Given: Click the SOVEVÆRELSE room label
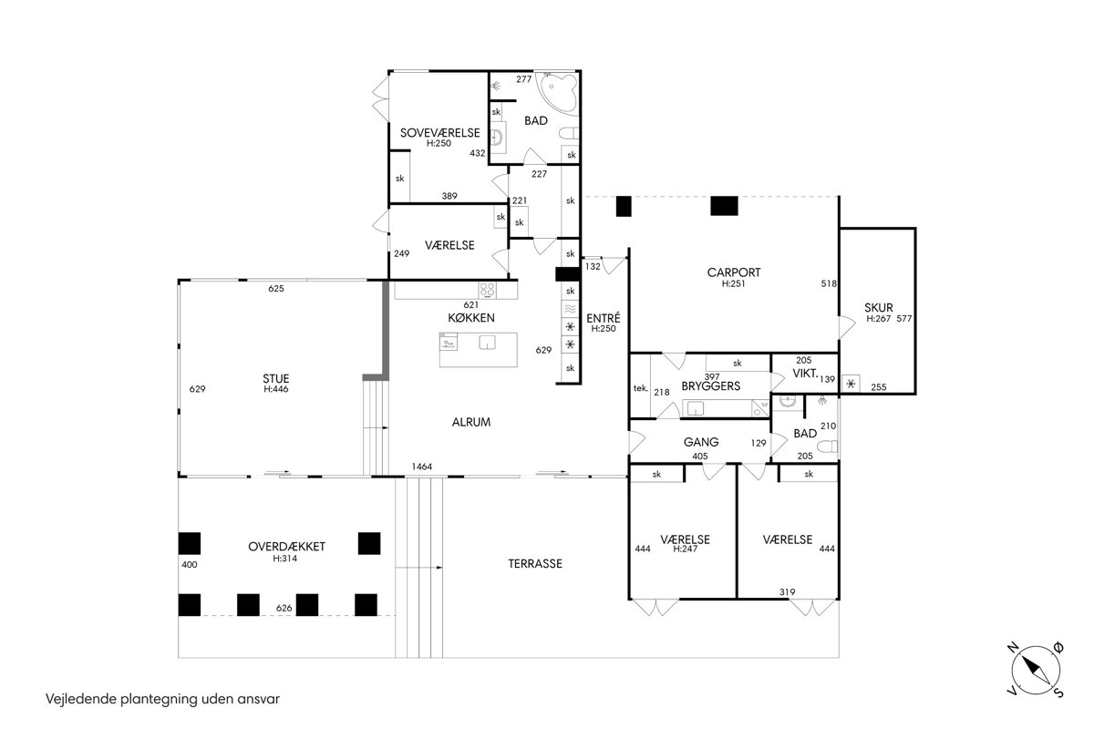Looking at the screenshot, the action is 440,133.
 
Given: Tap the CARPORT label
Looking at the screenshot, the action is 734,272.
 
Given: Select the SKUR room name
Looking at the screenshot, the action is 879,308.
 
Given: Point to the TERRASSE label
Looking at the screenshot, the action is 535,564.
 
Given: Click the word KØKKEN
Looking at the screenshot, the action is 471,318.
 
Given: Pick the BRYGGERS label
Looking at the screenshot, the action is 711,386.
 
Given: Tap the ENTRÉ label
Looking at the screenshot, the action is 604,318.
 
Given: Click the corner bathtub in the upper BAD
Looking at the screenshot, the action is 558,94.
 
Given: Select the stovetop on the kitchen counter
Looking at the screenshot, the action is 488,291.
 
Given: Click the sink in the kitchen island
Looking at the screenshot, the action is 487,343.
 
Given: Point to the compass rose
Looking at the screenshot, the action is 1036,670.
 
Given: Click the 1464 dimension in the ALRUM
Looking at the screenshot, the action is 422,467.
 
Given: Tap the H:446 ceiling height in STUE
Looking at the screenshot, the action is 276,389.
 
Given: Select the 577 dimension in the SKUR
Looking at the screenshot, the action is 904,318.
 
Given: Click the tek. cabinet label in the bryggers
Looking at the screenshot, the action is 640,388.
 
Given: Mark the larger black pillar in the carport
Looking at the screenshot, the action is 724,206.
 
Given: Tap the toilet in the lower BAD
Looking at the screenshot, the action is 828,447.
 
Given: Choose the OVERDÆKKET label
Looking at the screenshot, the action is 286,547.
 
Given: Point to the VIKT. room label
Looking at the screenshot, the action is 805,374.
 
